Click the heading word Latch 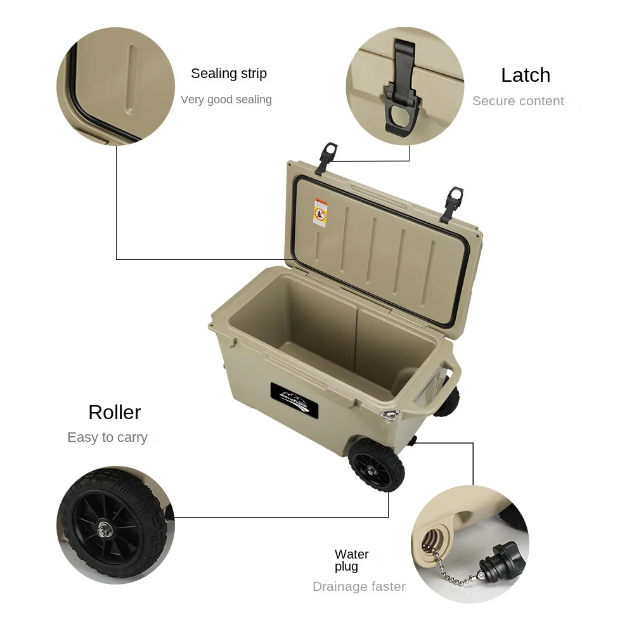click(525, 75)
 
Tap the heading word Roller click(115, 413)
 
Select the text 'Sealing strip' click(229, 74)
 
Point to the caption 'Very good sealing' click(226, 100)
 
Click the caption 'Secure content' click(518, 101)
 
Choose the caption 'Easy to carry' click(107, 437)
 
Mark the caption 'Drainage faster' click(359, 586)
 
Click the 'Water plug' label click(351, 560)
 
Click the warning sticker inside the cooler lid click(320, 212)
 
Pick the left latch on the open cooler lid click(328, 155)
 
